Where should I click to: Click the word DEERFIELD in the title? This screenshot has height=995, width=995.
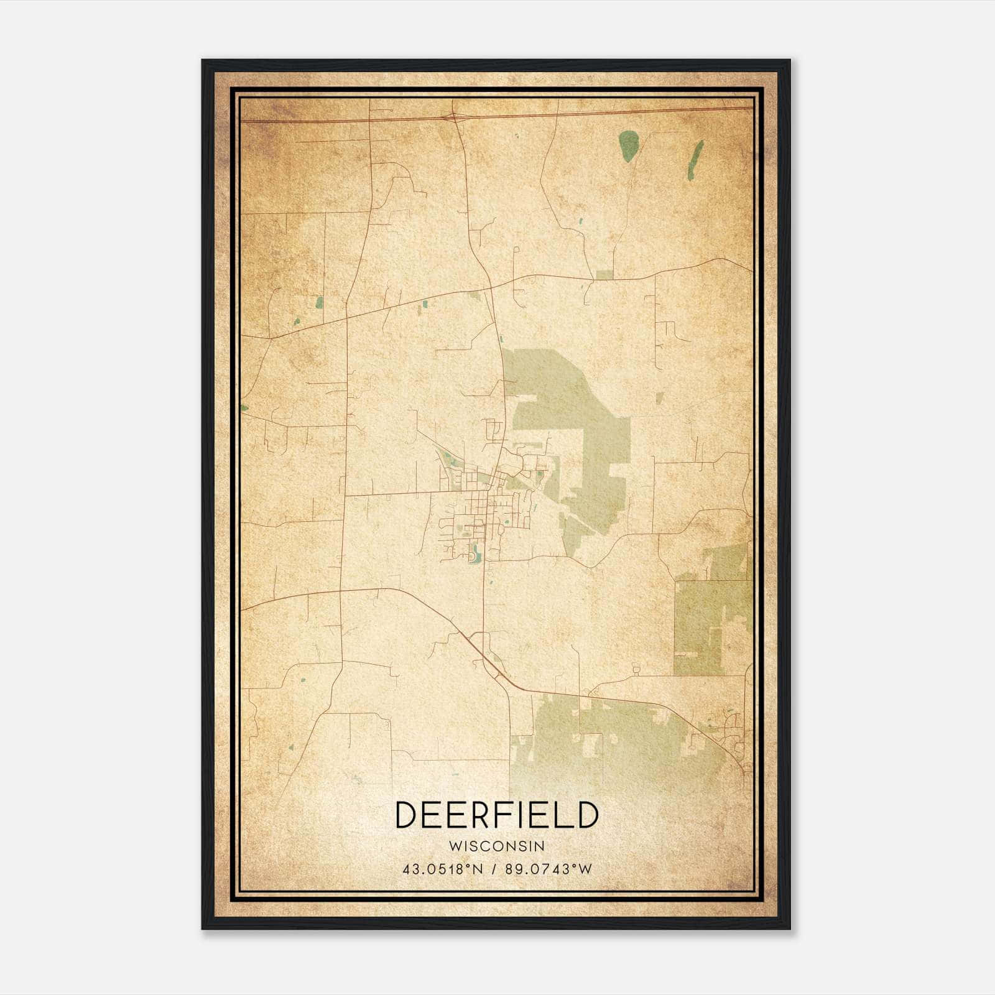pos(496,815)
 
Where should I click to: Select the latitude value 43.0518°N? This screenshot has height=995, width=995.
pos(443,869)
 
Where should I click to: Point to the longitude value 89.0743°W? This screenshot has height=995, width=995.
pos(549,869)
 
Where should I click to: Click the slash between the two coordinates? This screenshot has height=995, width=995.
pos(494,869)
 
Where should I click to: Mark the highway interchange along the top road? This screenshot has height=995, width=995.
pos(455,116)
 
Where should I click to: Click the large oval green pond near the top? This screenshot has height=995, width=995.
pos(629,145)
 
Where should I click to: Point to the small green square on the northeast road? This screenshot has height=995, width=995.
pos(604,275)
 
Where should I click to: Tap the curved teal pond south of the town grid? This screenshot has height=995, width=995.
pos(476,553)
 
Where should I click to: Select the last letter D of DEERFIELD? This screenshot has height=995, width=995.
pos(586,815)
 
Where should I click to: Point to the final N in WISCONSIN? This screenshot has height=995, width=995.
pos(541,846)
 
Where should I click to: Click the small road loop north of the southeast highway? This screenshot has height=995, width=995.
pos(636,669)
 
